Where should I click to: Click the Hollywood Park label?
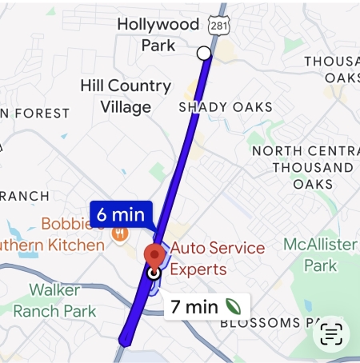(x=158, y=34)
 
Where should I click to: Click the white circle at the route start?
(x=204, y=53)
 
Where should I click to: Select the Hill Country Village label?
(x=126, y=96)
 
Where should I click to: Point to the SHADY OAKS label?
(x=225, y=107)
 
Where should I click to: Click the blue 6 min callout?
(x=121, y=214)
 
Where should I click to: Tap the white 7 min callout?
(x=206, y=305)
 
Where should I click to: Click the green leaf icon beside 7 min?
(x=233, y=305)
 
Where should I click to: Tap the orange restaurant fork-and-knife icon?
(x=120, y=233)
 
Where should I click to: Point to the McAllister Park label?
(x=320, y=254)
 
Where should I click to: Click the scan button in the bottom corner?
(x=331, y=334)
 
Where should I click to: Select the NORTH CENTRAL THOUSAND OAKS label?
(x=307, y=167)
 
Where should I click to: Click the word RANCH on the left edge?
(x=25, y=196)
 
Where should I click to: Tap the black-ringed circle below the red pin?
(x=154, y=273)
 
